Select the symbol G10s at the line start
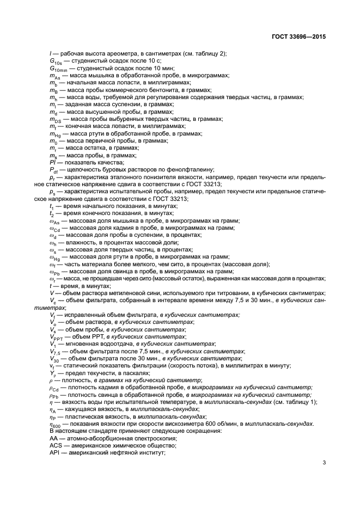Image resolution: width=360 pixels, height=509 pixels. coord(54,61)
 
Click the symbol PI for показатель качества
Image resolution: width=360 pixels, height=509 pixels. coord(52,162)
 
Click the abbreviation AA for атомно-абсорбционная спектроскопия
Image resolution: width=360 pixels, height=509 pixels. coord(53,438)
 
